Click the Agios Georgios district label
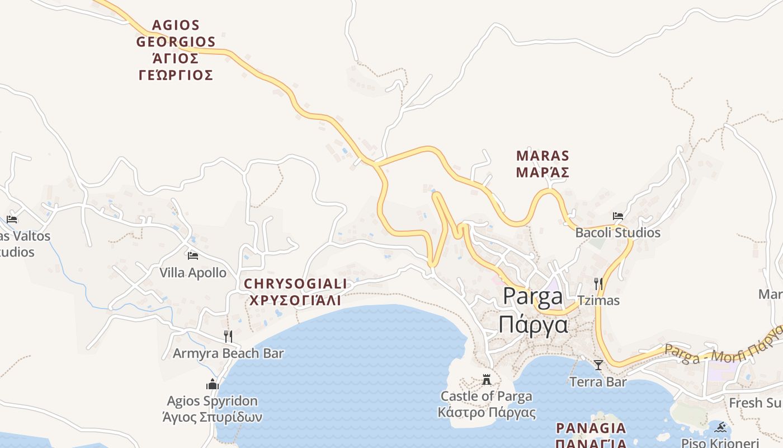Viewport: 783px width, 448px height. (x=176, y=50)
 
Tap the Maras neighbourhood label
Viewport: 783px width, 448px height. (x=543, y=164)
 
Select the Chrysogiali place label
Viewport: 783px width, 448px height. (x=295, y=292)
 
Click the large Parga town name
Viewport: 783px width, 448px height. (x=533, y=310)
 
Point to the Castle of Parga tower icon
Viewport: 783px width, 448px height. (x=487, y=380)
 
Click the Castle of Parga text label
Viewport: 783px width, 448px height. (x=487, y=404)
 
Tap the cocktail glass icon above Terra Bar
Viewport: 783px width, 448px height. (x=598, y=365)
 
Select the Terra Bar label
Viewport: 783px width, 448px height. (x=598, y=382)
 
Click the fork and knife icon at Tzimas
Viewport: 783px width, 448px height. (x=598, y=284)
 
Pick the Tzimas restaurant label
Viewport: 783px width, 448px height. (x=599, y=301)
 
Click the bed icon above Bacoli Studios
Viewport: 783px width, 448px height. (x=618, y=216)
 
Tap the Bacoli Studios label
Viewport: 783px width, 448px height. (x=618, y=232)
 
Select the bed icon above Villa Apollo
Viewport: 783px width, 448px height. (x=193, y=256)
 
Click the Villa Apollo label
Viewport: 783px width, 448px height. (x=193, y=273)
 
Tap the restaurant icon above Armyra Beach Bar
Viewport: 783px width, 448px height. (x=228, y=336)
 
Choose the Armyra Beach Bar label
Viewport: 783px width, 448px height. (x=228, y=353)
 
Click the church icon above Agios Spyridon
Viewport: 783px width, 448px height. (x=213, y=384)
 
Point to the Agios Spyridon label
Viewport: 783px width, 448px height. (x=213, y=409)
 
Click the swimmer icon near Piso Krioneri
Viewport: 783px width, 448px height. (x=720, y=428)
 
